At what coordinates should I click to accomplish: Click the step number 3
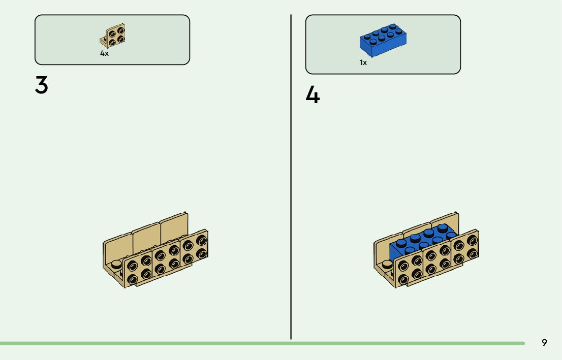(x=42, y=85)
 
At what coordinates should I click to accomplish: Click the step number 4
(x=313, y=95)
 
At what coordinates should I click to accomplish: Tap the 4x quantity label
(x=104, y=53)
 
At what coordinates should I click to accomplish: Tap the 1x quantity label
(x=363, y=62)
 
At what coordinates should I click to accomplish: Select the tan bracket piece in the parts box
(x=114, y=36)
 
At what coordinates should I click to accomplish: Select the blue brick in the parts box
(x=383, y=40)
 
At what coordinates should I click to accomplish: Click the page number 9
(x=544, y=343)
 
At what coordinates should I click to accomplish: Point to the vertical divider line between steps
(x=291, y=178)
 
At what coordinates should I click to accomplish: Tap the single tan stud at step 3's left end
(x=117, y=263)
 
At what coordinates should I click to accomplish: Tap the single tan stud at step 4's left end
(x=388, y=263)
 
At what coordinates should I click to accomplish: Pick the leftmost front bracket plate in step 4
(x=410, y=270)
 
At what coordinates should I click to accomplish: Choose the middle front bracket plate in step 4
(x=437, y=259)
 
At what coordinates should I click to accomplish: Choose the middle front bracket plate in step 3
(x=166, y=259)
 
